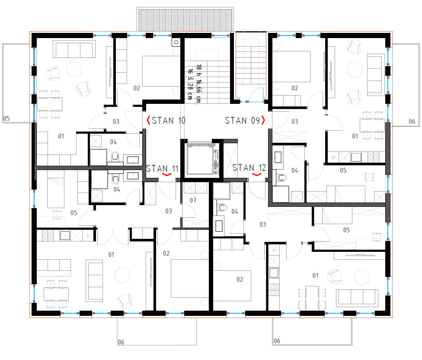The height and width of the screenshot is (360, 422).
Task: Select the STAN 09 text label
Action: click(x=242, y=120)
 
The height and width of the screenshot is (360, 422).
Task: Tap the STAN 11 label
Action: click(x=162, y=169)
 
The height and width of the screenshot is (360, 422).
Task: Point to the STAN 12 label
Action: click(x=249, y=168)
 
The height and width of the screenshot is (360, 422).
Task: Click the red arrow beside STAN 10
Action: click(x=148, y=120)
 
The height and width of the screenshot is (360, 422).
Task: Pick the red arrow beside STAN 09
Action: click(x=263, y=120)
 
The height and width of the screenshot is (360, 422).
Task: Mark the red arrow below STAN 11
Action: click(x=167, y=175)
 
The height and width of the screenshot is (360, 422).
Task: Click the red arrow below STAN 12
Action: click(x=257, y=175)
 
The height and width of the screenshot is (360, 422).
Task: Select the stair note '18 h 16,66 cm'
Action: click(x=198, y=84)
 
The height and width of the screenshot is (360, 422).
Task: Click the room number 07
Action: click(x=193, y=200)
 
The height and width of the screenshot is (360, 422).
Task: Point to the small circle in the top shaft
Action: click(x=176, y=42)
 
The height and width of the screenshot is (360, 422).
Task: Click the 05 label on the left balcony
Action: click(x=6, y=119)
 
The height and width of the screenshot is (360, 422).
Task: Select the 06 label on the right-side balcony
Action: click(x=412, y=122)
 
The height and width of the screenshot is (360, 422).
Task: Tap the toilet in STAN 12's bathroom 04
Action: click(x=222, y=208)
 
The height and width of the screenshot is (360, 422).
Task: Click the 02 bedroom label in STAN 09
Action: click(x=295, y=88)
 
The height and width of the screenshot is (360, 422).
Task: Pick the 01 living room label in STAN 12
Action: click(x=316, y=276)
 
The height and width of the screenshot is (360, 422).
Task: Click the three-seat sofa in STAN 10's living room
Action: click(x=74, y=49)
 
